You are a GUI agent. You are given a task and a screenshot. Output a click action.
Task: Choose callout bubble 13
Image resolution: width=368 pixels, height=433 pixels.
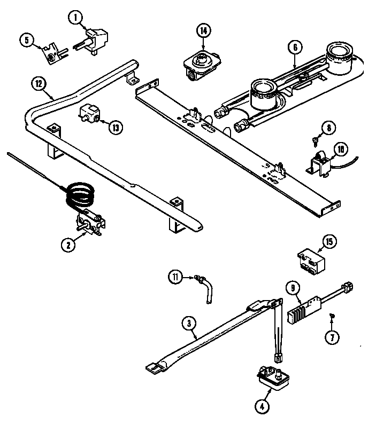point(115,127)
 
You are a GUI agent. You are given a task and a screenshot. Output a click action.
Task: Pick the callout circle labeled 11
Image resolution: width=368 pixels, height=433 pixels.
point(176,277)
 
